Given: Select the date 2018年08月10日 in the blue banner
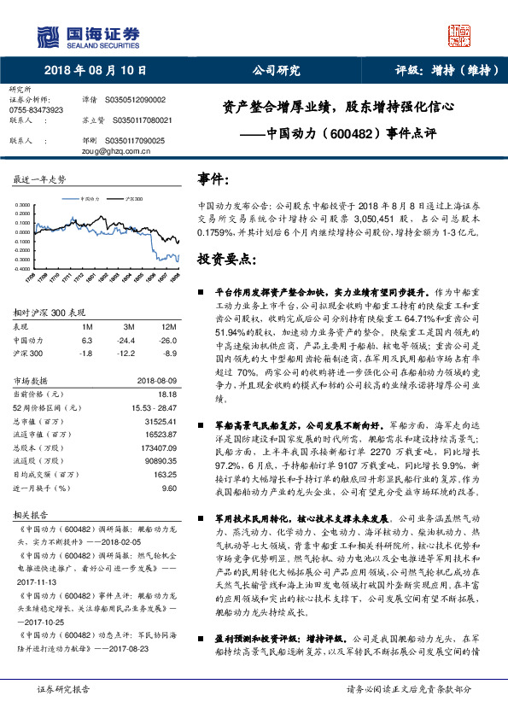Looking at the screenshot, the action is coord(93,71).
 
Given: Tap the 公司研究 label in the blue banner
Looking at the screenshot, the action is coord(277,71).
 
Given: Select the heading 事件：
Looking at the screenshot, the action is coord(214,180).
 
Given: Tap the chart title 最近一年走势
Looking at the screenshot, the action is coord(39,179).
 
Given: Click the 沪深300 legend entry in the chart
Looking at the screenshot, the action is coord(133,197).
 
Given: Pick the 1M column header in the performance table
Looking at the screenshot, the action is coord(87,327).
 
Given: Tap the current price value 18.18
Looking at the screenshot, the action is coord(167,394).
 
